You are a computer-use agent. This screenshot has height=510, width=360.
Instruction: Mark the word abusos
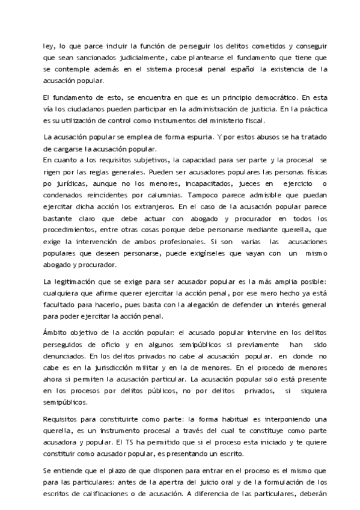coord(233,137)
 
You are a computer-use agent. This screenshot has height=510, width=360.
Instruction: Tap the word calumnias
coord(171,193)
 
